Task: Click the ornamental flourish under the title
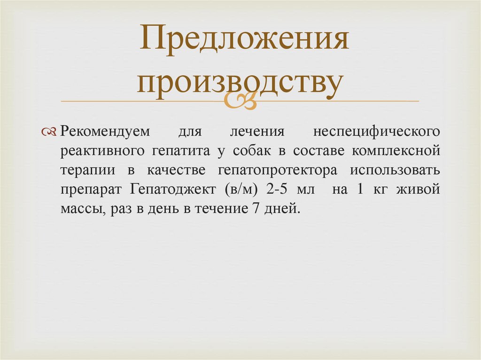pos(240,100)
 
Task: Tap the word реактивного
pos(103,151)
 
